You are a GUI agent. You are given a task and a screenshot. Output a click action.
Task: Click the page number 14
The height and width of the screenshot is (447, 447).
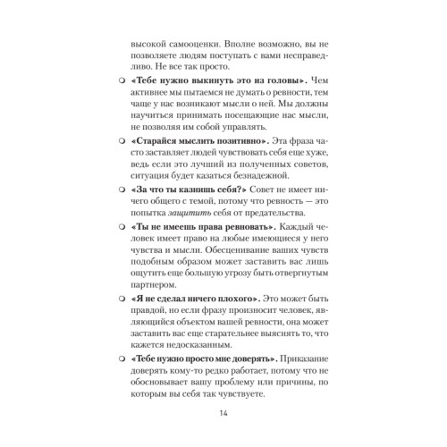(x=223, y=413)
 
